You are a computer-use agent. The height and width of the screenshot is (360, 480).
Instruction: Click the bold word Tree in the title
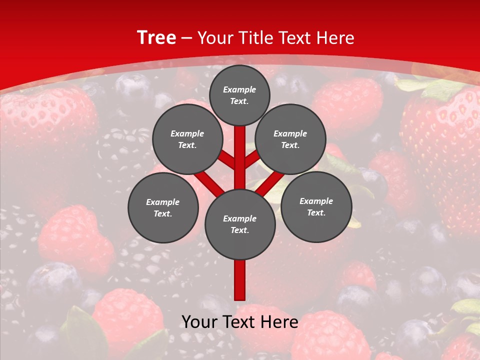[x=156, y=38]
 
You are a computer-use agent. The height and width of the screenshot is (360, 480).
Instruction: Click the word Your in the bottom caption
[x=200, y=322]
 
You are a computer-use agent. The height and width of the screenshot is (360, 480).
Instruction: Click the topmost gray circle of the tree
[x=239, y=95]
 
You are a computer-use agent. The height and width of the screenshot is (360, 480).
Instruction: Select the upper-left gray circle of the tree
[x=187, y=139]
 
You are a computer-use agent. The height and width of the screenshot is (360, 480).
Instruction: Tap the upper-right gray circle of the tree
[x=290, y=139]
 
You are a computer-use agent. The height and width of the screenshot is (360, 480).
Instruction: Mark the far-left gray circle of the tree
[x=163, y=207]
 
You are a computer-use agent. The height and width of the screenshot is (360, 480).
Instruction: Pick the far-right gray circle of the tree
[x=316, y=206]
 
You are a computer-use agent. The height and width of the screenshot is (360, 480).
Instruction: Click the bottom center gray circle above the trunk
[x=240, y=224]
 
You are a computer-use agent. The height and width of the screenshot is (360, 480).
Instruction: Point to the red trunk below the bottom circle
[x=240, y=280]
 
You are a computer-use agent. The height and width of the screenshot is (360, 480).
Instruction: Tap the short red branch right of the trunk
[x=252, y=159]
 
